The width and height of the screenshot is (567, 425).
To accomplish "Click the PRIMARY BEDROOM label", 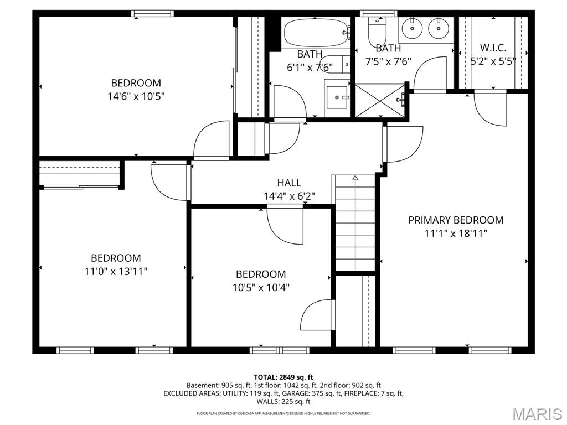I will [x=456, y=220].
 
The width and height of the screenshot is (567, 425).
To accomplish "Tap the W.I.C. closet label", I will [x=493, y=48].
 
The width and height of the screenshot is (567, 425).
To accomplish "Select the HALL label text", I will [x=289, y=183].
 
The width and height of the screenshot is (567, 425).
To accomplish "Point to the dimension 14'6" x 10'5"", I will [x=136, y=96].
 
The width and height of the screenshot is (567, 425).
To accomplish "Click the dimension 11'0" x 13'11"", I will [x=116, y=271].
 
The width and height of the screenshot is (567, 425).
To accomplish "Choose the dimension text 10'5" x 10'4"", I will [x=261, y=287].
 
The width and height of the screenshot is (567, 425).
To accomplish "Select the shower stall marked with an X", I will [x=380, y=101].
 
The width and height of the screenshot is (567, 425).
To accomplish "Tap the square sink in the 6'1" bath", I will [x=337, y=97].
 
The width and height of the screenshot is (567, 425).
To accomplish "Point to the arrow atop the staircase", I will [x=355, y=178].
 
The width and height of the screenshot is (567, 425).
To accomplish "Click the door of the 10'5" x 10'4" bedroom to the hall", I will [x=286, y=224].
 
